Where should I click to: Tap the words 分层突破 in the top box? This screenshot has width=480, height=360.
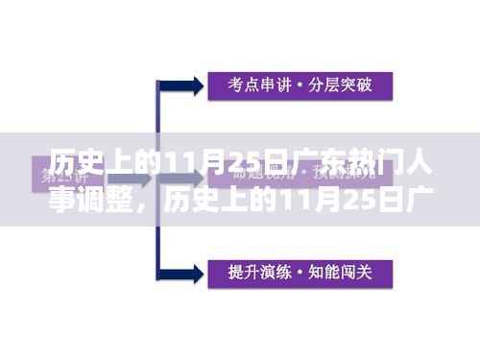tap(338, 84)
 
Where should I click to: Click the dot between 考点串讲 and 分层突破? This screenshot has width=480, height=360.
tap(299, 84)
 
